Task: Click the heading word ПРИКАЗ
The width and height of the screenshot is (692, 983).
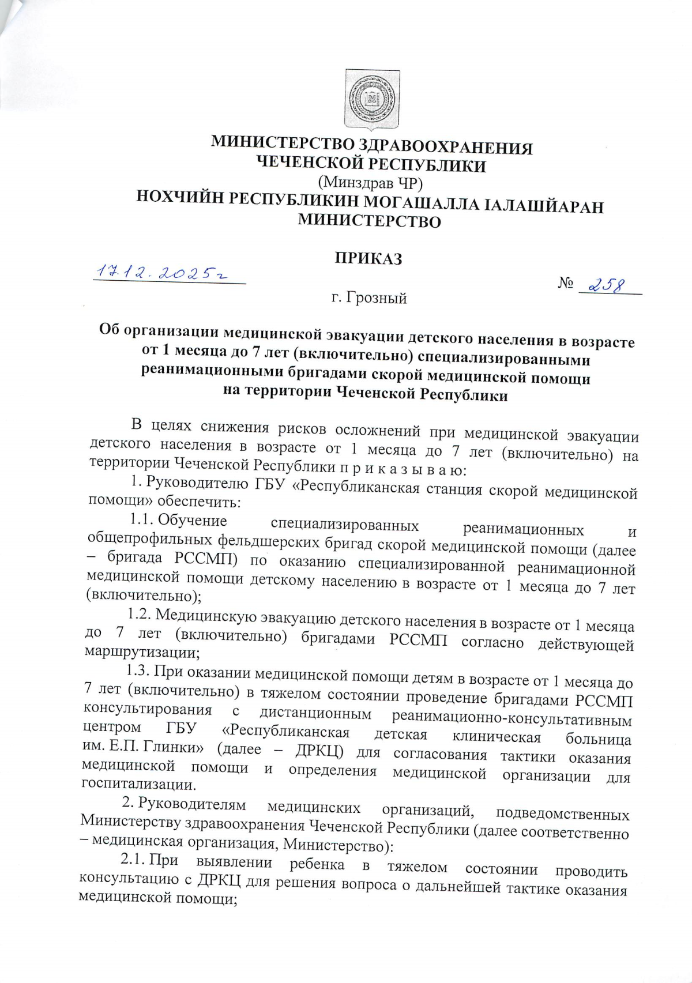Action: click(x=369, y=258)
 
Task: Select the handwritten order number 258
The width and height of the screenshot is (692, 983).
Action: click(x=604, y=284)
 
